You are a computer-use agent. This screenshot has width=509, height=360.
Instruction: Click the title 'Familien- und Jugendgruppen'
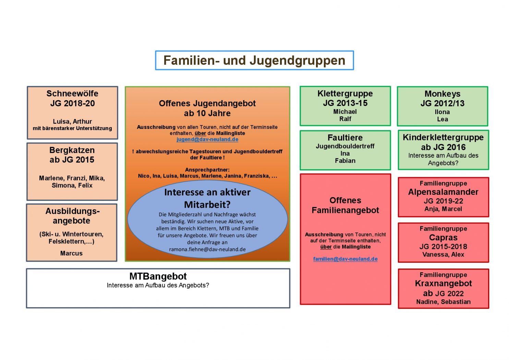(x=254, y=60)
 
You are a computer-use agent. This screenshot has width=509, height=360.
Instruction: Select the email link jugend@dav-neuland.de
(x=207, y=140)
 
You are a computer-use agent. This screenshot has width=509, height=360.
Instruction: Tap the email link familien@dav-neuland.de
(x=345, y=259)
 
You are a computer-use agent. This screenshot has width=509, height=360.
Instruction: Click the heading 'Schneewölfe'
(x=72, y=94)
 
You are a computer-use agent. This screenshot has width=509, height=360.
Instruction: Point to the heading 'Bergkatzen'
(x=72, y=150)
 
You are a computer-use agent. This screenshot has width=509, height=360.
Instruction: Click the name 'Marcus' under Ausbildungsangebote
(x=71, y=253)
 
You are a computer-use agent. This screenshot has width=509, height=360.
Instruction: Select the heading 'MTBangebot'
(x=158, y=276)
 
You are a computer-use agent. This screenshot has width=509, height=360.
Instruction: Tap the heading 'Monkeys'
(x=442, y=94)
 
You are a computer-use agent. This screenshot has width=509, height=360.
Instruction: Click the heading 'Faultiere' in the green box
(x=345, y=138)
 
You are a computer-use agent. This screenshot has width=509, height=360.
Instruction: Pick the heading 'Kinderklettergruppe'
(x=443, y=137)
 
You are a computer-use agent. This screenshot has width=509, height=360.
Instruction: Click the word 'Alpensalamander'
(x=443, y=192)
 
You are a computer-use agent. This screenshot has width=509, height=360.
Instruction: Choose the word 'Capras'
(x=443, y=238)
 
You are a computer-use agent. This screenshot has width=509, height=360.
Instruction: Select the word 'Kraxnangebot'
(x=443, y=284)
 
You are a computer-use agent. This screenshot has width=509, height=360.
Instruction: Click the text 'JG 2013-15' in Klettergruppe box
(x=345, y=103)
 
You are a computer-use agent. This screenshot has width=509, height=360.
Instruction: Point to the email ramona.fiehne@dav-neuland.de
(x=207, y=250)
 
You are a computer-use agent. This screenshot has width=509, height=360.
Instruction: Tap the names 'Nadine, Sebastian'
(x=443, y=302)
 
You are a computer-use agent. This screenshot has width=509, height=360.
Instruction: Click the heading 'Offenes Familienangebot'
(x=345, y=205)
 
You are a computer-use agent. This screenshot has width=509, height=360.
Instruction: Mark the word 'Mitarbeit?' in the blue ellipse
(x=207, y=205)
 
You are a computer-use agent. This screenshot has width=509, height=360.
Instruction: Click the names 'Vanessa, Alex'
(x=443, y=255)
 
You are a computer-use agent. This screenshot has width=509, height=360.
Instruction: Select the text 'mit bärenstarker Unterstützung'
(x=72, y=129)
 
